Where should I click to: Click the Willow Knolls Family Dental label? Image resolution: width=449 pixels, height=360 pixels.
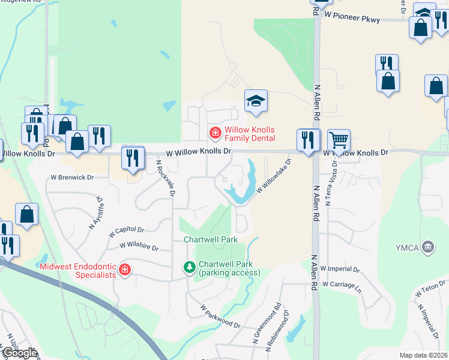(249, 134)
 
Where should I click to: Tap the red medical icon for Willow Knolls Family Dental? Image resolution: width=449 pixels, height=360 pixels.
(214, 132)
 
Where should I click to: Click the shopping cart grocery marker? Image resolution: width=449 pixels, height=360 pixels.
(339, 140)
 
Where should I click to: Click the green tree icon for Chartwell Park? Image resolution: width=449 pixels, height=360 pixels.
(190, 267)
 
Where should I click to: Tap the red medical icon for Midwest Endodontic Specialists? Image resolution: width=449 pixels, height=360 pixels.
(125, 270)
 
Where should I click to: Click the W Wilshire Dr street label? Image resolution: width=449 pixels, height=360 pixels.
(139, 247)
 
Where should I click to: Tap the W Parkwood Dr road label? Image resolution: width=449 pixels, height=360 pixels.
(220, 317)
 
